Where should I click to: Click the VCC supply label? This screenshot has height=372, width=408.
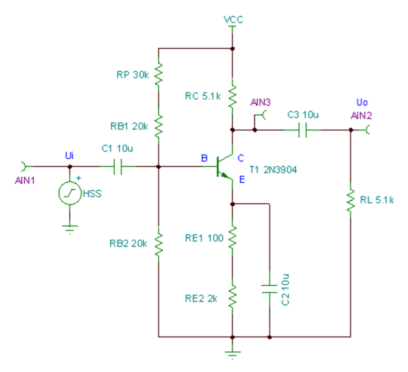[x=233, y=20]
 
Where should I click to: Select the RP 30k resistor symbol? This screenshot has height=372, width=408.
[x=158, y=75]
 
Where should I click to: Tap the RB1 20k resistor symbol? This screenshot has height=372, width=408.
[x=158, y=126]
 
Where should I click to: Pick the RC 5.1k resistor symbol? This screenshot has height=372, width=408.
[x=232, y=97]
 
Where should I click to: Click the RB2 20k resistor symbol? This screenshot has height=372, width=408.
[x=158, y=244]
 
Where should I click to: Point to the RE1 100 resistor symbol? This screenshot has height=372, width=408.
[x=232, y=237]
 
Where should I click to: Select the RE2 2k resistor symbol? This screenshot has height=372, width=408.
[x=232, y=297]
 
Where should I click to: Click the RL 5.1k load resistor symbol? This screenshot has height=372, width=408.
[x=351, y=201]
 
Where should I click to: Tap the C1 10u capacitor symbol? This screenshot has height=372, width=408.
[x=117, y=167]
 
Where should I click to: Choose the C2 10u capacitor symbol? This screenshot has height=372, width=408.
[x=269, y=289]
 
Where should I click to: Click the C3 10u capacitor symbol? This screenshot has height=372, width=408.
[x=302, y=130]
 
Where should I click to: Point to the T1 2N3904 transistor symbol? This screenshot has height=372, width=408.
[x=225, y=167]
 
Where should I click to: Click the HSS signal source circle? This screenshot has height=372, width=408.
[x=70, y=193]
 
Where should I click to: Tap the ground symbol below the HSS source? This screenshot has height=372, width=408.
[x=70, y=229]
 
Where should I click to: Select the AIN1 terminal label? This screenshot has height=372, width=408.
[x=25, y=180]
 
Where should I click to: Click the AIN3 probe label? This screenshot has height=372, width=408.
[x=260, y=102]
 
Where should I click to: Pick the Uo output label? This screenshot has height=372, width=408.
[x=362, y=102]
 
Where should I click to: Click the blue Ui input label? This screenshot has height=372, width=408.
[x=69, y=155]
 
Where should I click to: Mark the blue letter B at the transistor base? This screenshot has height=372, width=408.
[x=204, y=158]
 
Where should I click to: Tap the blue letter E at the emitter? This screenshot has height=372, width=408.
[x=242, y=179]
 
